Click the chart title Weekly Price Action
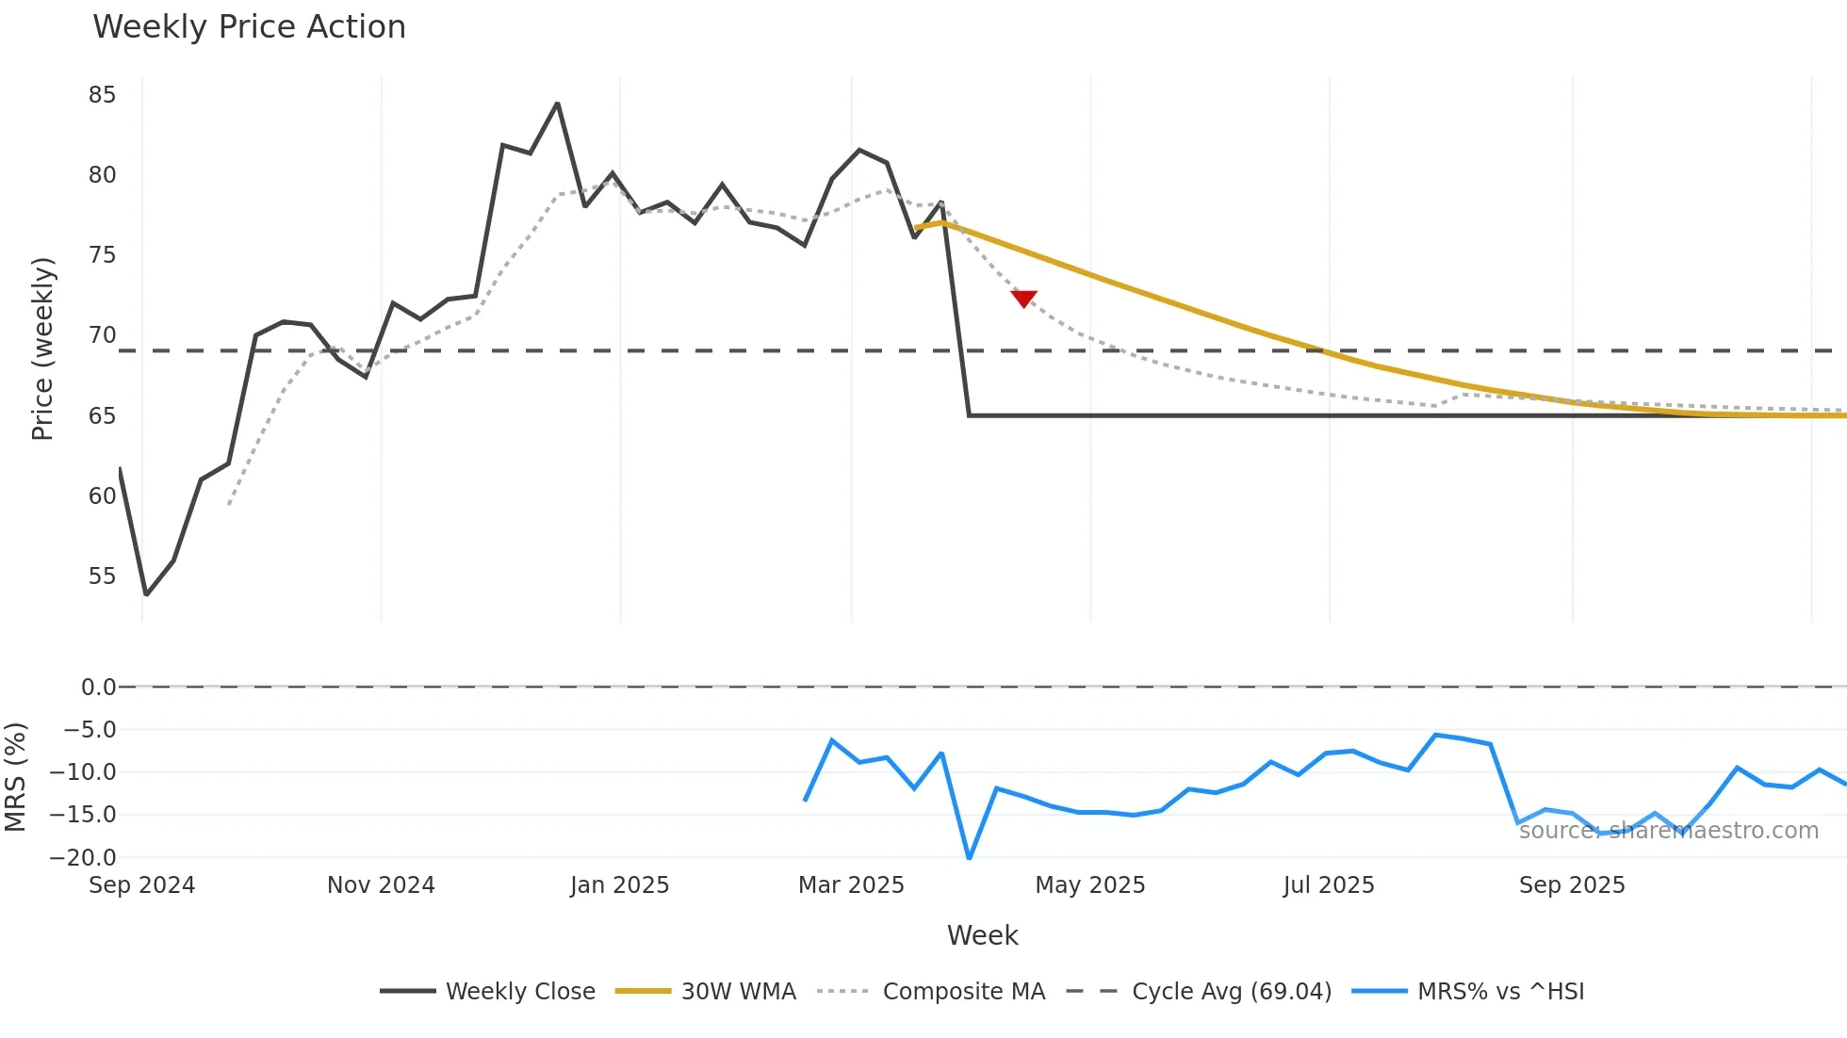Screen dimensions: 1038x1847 click(249, 27)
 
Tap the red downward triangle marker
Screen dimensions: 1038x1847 click(1023, 299)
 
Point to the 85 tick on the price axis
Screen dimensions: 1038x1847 click(102, 95)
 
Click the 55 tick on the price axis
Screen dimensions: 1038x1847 click(102, 576)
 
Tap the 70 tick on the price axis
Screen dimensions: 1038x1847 click(102, 335)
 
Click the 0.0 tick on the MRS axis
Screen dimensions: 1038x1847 click(98, 688)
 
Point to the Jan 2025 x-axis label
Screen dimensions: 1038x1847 click(619, 885)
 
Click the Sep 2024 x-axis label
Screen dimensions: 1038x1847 click(141, 885)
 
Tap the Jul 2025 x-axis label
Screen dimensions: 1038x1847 click(1329, 885)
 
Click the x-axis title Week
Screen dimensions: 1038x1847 click(982, 935)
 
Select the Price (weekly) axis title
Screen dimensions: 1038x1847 click(42, 349)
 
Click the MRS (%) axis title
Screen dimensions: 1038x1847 click(15, 777)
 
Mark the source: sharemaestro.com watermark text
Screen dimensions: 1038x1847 click(1668, 831)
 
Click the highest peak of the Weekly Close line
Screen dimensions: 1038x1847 click(557, 104)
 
